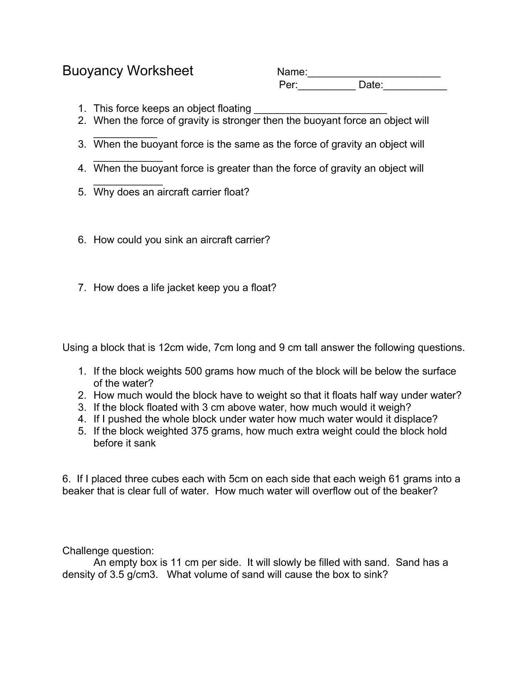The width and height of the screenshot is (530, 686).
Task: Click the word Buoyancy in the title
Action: click(92, 71)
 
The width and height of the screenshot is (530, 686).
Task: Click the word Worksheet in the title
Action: click(160, 71)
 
